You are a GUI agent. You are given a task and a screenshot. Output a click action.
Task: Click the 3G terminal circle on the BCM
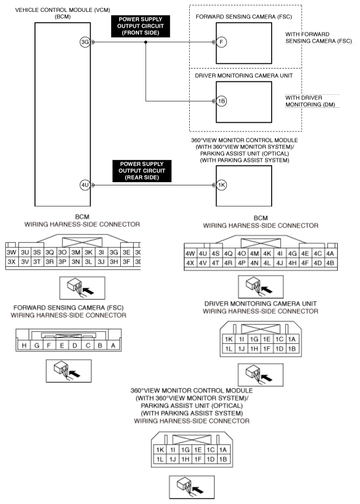click(84, 43)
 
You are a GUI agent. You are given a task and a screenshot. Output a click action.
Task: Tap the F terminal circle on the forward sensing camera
click(220, 43)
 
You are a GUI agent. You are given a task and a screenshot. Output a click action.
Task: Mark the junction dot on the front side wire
click(146, 43)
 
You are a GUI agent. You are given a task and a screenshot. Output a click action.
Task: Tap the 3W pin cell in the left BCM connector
click(11, 252)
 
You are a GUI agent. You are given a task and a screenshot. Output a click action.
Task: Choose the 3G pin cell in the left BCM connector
click(114, 252)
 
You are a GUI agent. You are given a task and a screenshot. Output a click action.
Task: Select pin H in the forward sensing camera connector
click(24, 346)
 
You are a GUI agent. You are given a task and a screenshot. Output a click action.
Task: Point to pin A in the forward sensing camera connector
click(113, 346)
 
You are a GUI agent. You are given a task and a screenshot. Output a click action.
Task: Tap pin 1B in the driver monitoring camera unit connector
click(291, 349)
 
